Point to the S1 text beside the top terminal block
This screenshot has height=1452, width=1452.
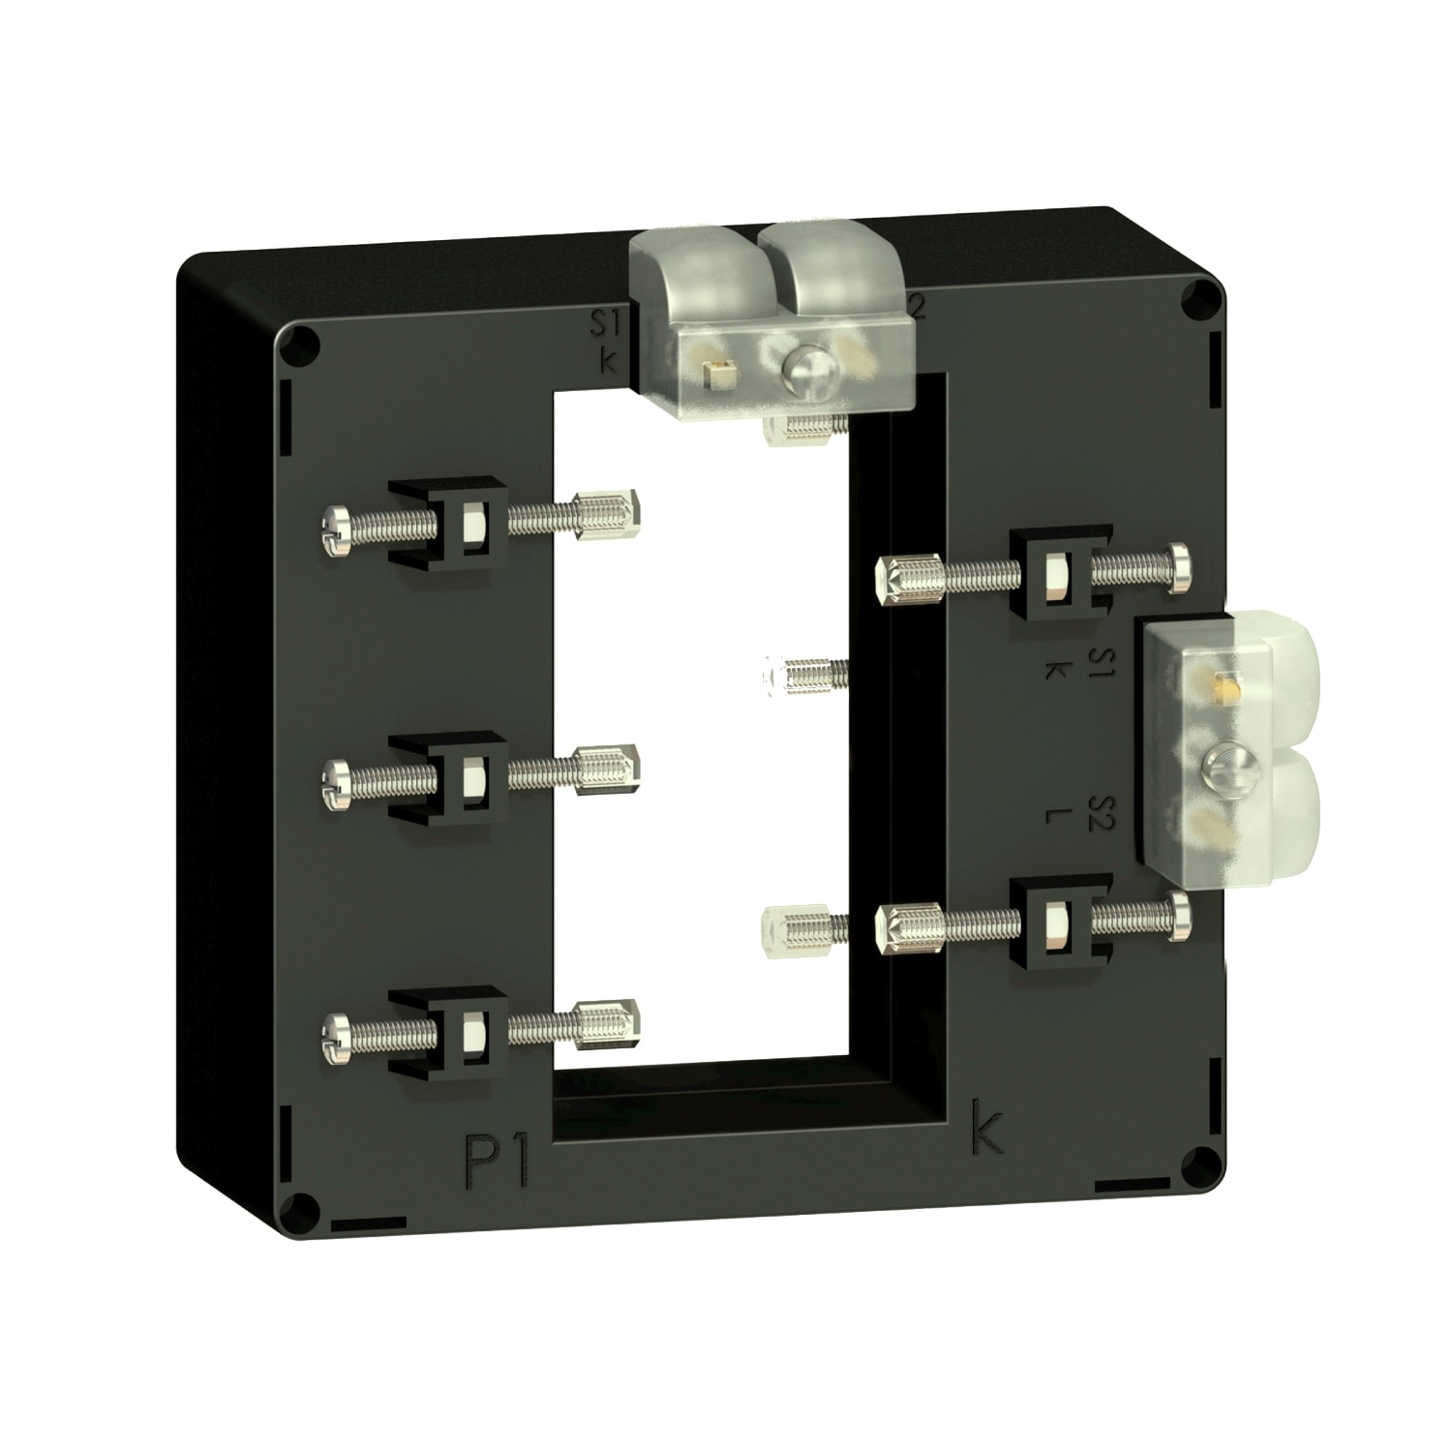[609, 322]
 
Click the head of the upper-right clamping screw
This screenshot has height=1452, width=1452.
[1180, 567]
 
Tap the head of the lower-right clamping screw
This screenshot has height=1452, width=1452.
[1180, 915]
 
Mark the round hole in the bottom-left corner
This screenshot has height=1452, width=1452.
[302, 1207]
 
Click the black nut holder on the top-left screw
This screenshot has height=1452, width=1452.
[448, 522]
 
